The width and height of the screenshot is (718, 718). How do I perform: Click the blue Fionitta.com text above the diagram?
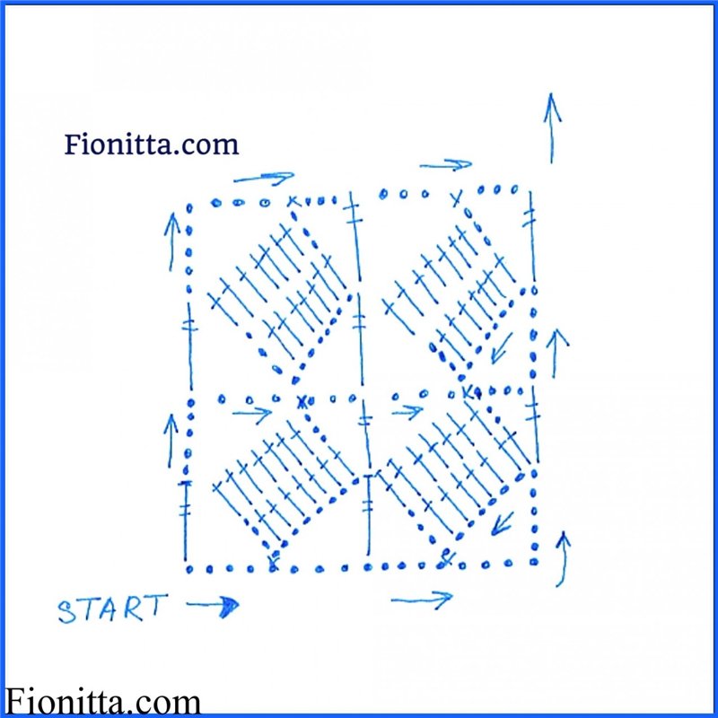point(152,144)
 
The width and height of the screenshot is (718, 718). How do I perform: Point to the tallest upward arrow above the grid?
point(551,127)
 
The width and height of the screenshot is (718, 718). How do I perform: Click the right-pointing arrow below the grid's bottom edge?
point(422,599)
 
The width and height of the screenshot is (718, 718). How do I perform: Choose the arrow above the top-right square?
point(445,165)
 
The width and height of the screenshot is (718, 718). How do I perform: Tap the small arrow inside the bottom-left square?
point(252,414)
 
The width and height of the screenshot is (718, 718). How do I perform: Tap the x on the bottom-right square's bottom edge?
point(446,563)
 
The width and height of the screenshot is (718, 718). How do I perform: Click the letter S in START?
point(66,612)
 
